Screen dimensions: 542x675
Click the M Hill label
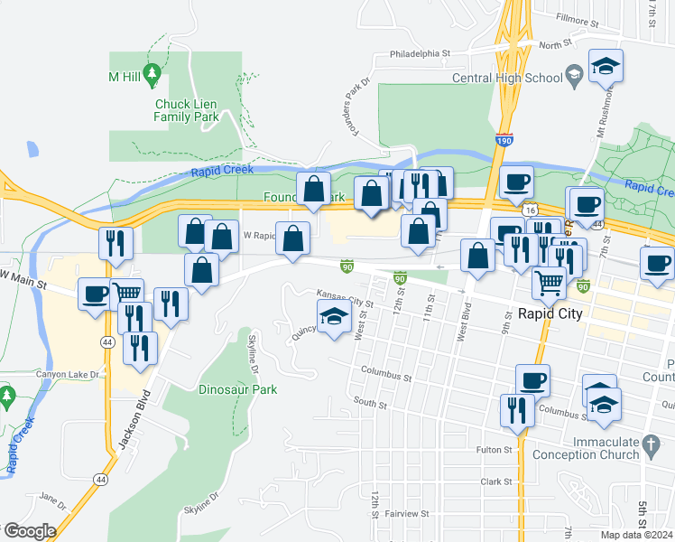125,76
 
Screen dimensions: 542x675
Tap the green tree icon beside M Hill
153,71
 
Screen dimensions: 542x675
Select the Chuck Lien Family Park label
187,110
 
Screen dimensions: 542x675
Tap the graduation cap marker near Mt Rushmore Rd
606,66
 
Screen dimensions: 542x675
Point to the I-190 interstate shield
504,141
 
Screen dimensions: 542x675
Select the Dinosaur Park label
237,389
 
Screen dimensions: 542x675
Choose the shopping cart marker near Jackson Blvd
127,293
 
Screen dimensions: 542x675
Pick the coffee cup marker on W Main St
94,293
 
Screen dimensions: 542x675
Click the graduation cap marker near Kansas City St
334,317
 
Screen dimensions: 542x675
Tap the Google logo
30,530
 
